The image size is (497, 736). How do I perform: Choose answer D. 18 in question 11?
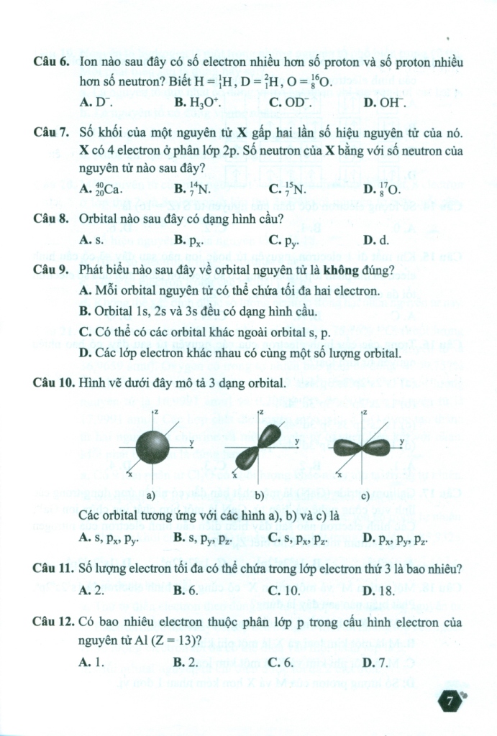379,590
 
